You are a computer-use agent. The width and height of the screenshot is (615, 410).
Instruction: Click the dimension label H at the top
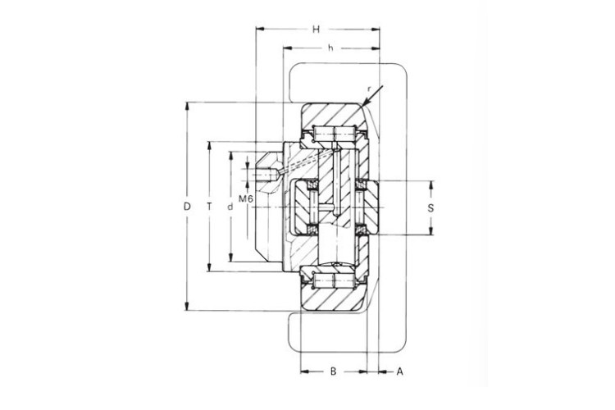tap(316, 30)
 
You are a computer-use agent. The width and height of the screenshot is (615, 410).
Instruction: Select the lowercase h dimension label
tap(330, 48)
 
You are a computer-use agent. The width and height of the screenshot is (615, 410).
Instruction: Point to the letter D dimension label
tap(187, 207)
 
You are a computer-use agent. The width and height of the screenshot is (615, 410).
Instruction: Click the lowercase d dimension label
tap(230, 207)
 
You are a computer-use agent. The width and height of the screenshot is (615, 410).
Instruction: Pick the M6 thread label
tap(245, 198)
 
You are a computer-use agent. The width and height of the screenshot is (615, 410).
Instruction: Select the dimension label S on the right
tap(430, 208)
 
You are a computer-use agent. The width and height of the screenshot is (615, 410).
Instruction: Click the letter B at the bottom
tap(333, 371)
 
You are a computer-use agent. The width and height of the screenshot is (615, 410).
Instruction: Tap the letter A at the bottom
tap(399, 371)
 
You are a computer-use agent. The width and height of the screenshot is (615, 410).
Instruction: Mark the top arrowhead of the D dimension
tap(187, 106)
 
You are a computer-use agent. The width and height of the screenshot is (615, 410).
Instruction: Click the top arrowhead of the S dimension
tap(430, 183)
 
